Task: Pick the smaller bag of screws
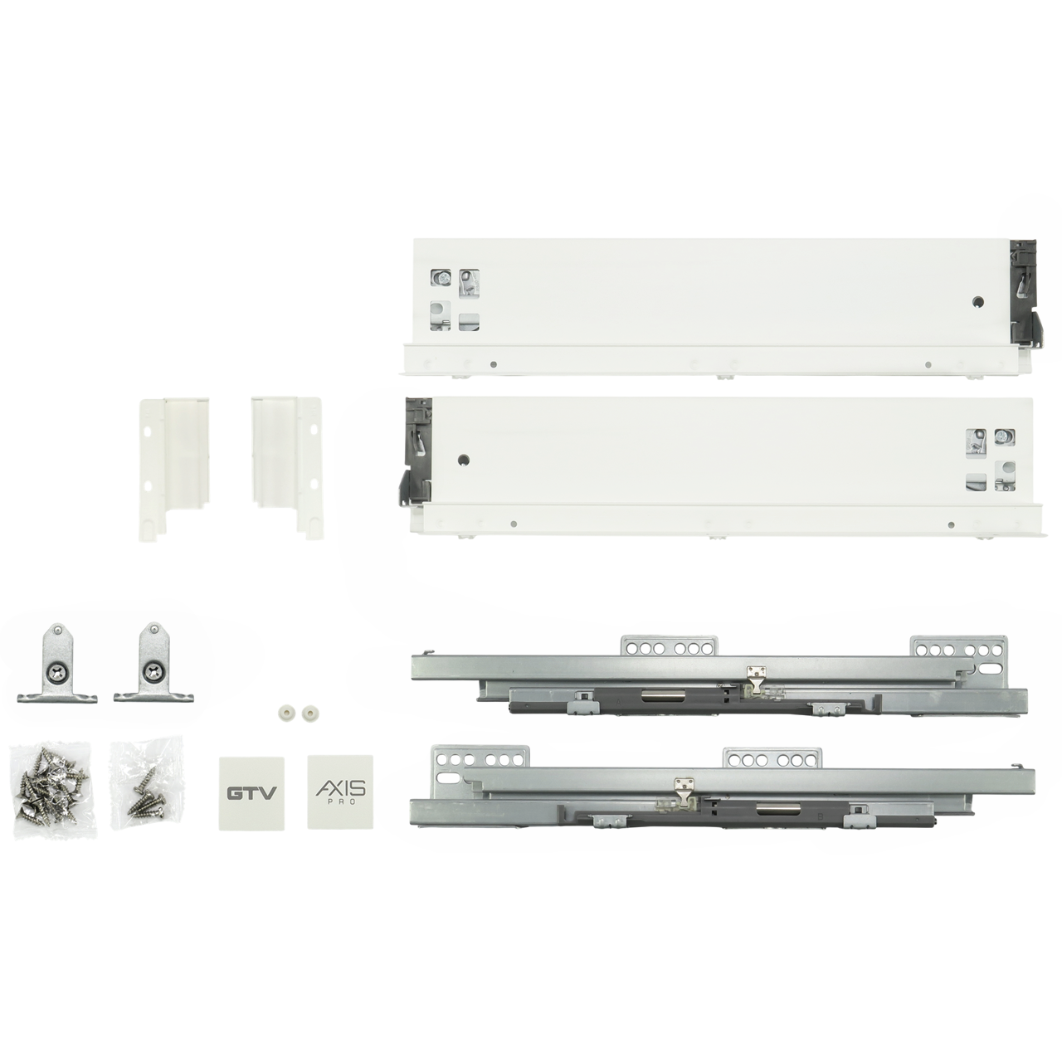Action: tap(145, 782)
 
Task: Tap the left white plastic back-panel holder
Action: tap(173, 469)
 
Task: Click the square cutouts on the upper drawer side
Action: tap(454, 300)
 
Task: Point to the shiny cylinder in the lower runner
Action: tap(772, 824)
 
